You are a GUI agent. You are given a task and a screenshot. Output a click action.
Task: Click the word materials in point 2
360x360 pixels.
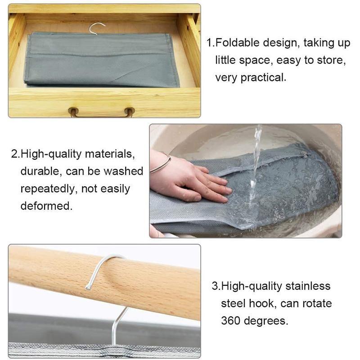[109, 154]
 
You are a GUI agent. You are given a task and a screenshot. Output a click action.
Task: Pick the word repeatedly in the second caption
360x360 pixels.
[49, 189]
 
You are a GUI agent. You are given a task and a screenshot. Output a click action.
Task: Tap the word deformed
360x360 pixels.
[46, 206]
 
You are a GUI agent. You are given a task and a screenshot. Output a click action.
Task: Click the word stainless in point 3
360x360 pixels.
[308, 286]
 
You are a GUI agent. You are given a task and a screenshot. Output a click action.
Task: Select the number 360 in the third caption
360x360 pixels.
[230, 320]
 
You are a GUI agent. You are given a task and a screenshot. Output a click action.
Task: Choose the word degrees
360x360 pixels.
[266, 321]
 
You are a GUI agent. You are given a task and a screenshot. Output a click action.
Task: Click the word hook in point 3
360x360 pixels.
[262, 303]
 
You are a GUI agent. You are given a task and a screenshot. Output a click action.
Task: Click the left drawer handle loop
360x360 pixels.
[74, 112]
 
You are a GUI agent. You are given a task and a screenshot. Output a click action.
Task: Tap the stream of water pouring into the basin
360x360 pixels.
[255, 165]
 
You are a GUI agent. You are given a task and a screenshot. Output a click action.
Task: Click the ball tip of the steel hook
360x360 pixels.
[88, 287]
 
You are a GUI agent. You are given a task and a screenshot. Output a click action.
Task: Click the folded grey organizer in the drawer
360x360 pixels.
[102, 60]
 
